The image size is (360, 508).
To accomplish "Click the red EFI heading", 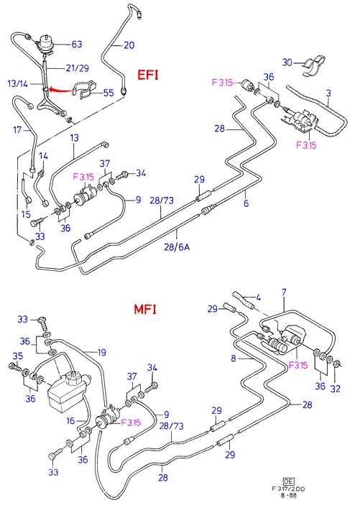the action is pos(148,75).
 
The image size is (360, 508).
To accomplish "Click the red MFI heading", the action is pos(145,310).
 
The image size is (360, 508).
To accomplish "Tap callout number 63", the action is pos(76,44).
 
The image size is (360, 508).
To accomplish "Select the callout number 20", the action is pos(129,45).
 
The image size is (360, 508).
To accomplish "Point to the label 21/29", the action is pos(77,68).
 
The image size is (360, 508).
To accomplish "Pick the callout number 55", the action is pos(109,93).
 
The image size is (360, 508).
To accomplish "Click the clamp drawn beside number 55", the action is pos(83,89).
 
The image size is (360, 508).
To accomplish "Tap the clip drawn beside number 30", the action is pos(315,66).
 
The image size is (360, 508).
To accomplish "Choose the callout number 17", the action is pos(17,130).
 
